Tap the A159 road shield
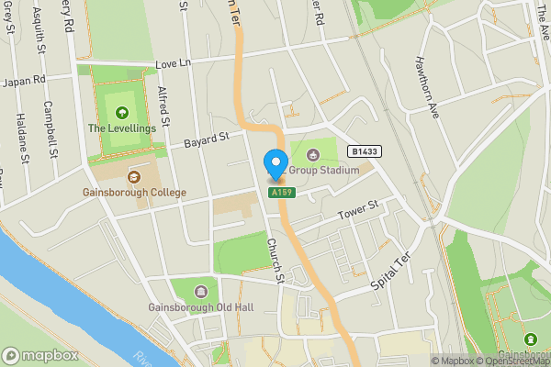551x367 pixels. pos(281,194)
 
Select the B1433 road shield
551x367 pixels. pos(364,150)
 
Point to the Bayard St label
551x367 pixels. pos(205,140)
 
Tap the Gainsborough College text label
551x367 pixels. pos(135,193)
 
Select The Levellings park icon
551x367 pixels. pos(122,113)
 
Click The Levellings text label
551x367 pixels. pos(122,128)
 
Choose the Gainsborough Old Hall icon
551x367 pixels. pos(200,290)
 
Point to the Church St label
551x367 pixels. pos(273,260)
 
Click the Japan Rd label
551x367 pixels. pos(26,81)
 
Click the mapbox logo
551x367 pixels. pos(41,355)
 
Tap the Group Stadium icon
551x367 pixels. pos(313,154)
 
